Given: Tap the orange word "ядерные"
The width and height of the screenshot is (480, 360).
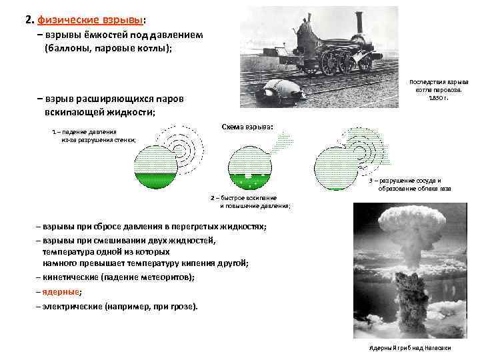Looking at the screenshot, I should click(60, 292).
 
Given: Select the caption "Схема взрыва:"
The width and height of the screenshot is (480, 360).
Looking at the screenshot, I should click(246, 127).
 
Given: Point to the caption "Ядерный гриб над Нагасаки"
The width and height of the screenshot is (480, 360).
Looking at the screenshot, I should click(410, 349).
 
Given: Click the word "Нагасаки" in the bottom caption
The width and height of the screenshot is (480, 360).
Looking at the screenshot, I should click(437, 349).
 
